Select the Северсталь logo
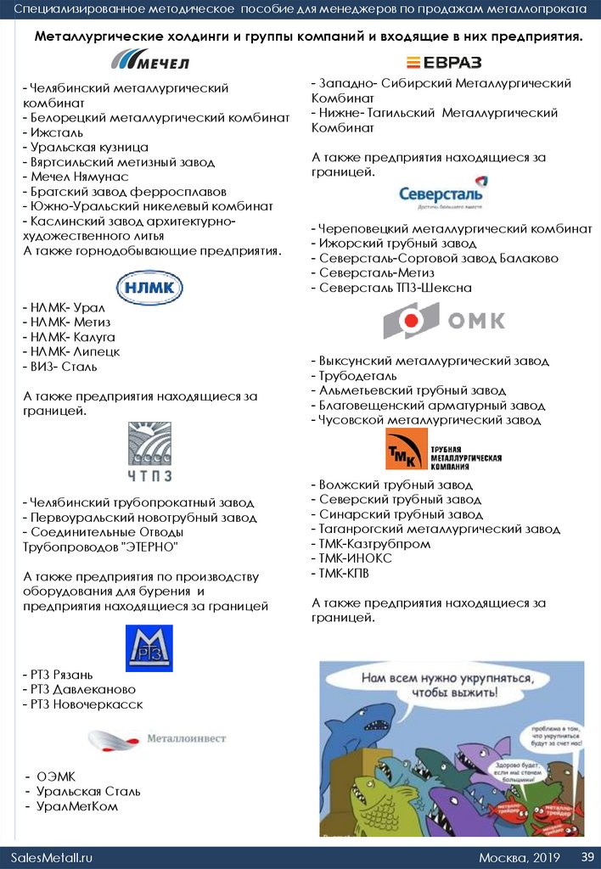pyautogui.click(x=443, y=193)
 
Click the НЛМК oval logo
pyautogui.click(x=149, y=288)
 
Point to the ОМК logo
pyautogui.click(x=443, y=321)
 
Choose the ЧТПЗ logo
pyautogui.click(x=149, y=450)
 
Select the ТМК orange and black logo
pyautogui.click(x=443, y=450)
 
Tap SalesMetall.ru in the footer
pyautogui.click(x=51, y=857)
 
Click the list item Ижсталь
pyautogui.click(x=54, y=132)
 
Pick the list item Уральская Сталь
pyautogui.click(x=88, y=791)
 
